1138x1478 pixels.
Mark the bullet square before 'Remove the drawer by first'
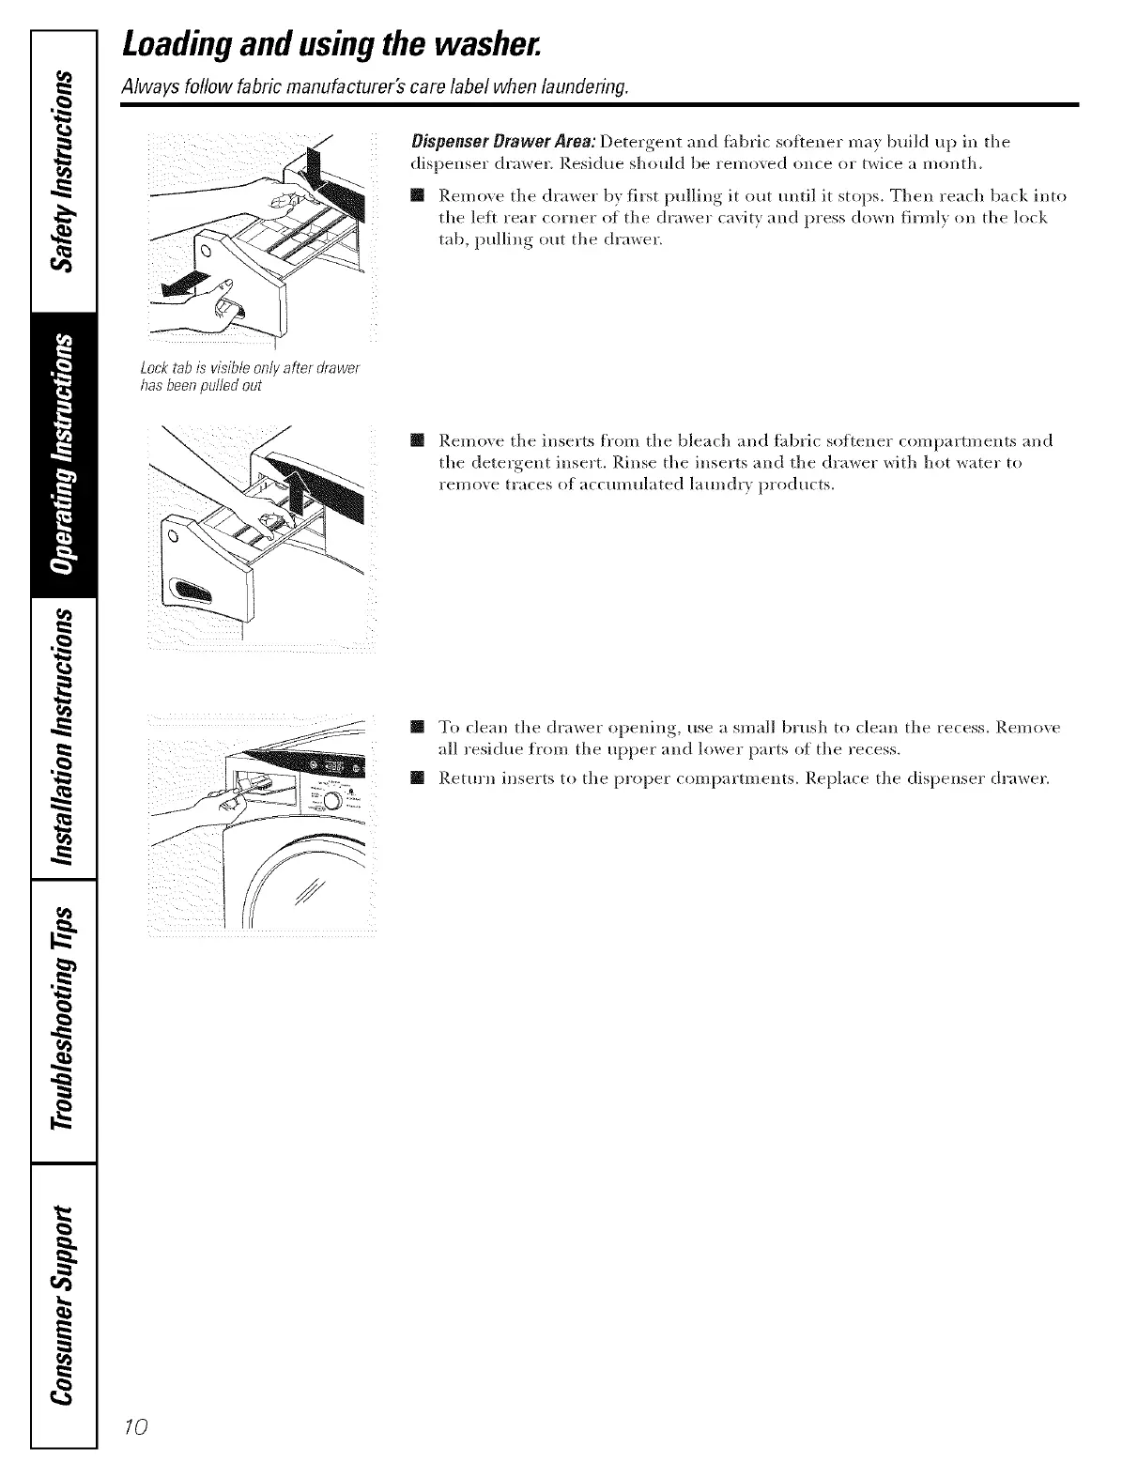417,197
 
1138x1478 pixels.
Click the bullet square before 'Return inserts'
417,779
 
